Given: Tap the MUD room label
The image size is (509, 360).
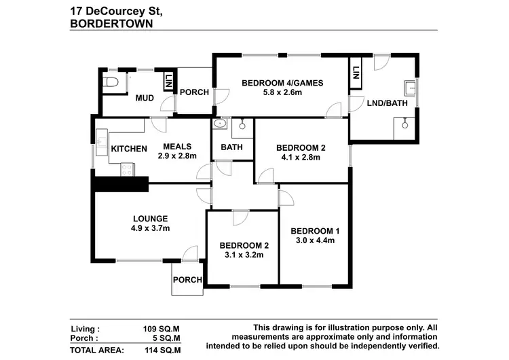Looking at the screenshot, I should tap(144, 98).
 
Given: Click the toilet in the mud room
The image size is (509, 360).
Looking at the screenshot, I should tap(111, 82).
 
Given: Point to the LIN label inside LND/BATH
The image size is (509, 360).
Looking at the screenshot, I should tap(355, 72).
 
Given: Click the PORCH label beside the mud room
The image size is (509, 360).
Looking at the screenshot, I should tap(193, 92).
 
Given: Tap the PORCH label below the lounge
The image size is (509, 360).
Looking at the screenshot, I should tap(187, 280).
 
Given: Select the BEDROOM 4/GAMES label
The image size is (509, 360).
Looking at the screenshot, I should tap(282, 84).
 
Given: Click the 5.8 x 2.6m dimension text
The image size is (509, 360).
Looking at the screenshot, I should tap(282, 94).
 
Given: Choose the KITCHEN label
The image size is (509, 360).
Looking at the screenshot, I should tap(129, 149).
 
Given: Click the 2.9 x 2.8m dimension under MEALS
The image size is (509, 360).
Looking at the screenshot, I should tap(177, 156).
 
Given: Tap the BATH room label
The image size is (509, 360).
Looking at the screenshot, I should tap(232, 147).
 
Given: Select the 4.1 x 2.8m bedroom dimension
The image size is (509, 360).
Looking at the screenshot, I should tap(301, 158).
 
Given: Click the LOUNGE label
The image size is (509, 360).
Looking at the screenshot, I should tap(150, 218).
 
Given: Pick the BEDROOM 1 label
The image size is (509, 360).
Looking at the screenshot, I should tap(314, 230).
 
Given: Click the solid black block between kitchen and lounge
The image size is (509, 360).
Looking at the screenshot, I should tap(120, 183).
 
